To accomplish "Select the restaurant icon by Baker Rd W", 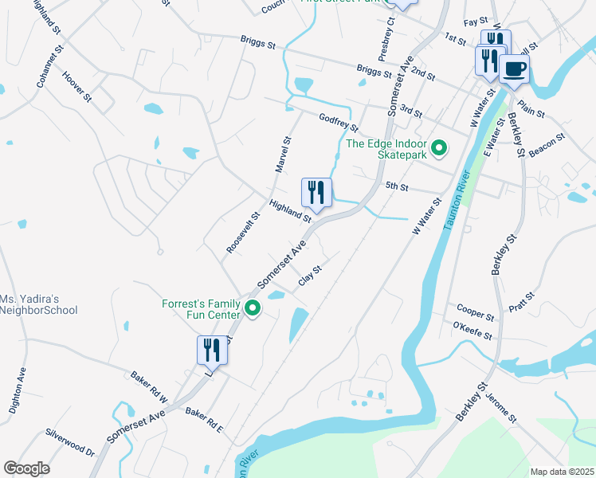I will point(208,351).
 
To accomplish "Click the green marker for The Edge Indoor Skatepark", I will point(437,148).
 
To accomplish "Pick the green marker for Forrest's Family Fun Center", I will point(253,308).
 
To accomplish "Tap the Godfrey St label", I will point(339,123).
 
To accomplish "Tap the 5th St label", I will point(396,187).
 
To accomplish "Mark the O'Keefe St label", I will point(472,331).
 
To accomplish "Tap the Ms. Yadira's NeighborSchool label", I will point(38,304).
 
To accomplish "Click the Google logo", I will point(26,468).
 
